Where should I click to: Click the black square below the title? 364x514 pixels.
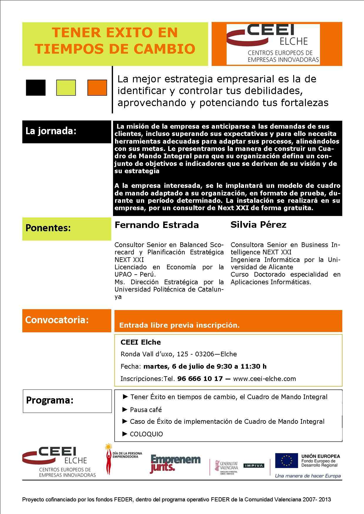pyautogui.click(x=36, y=88)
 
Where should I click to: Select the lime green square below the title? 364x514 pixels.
pyautogui.click(x=66, y=88)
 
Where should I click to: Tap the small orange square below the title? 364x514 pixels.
pyautogui.click(x=97, y=88)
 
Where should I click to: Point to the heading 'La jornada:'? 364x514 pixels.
pyautogui.click(x=51, y=131)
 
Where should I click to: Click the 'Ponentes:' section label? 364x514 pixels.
pyautogui.click(x=48, y=228)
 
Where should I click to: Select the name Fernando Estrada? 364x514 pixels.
pyautogui.click(x=156, y=225)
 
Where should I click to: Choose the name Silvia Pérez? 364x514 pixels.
pyautogui.click(x=258, y=225)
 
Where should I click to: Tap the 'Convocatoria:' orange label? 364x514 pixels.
pyautogui.click(x=57, y=320)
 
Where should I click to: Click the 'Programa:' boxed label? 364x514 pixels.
pyautogui.click(x=50, y=400)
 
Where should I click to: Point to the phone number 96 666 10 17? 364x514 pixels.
pyautogui.click(x=200, y=379)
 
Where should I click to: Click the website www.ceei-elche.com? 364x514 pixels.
pyautogui.click(x=264, y=379)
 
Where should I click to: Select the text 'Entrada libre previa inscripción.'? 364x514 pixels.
pyautogui.click(x=179, y=325)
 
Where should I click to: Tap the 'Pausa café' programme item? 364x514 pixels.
pyautogui.click(x=146, y=410)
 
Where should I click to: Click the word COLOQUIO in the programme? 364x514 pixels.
pyautogui.click(x=146, y=434)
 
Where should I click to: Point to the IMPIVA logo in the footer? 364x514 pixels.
pyautogui.click(x=254, y=466)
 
